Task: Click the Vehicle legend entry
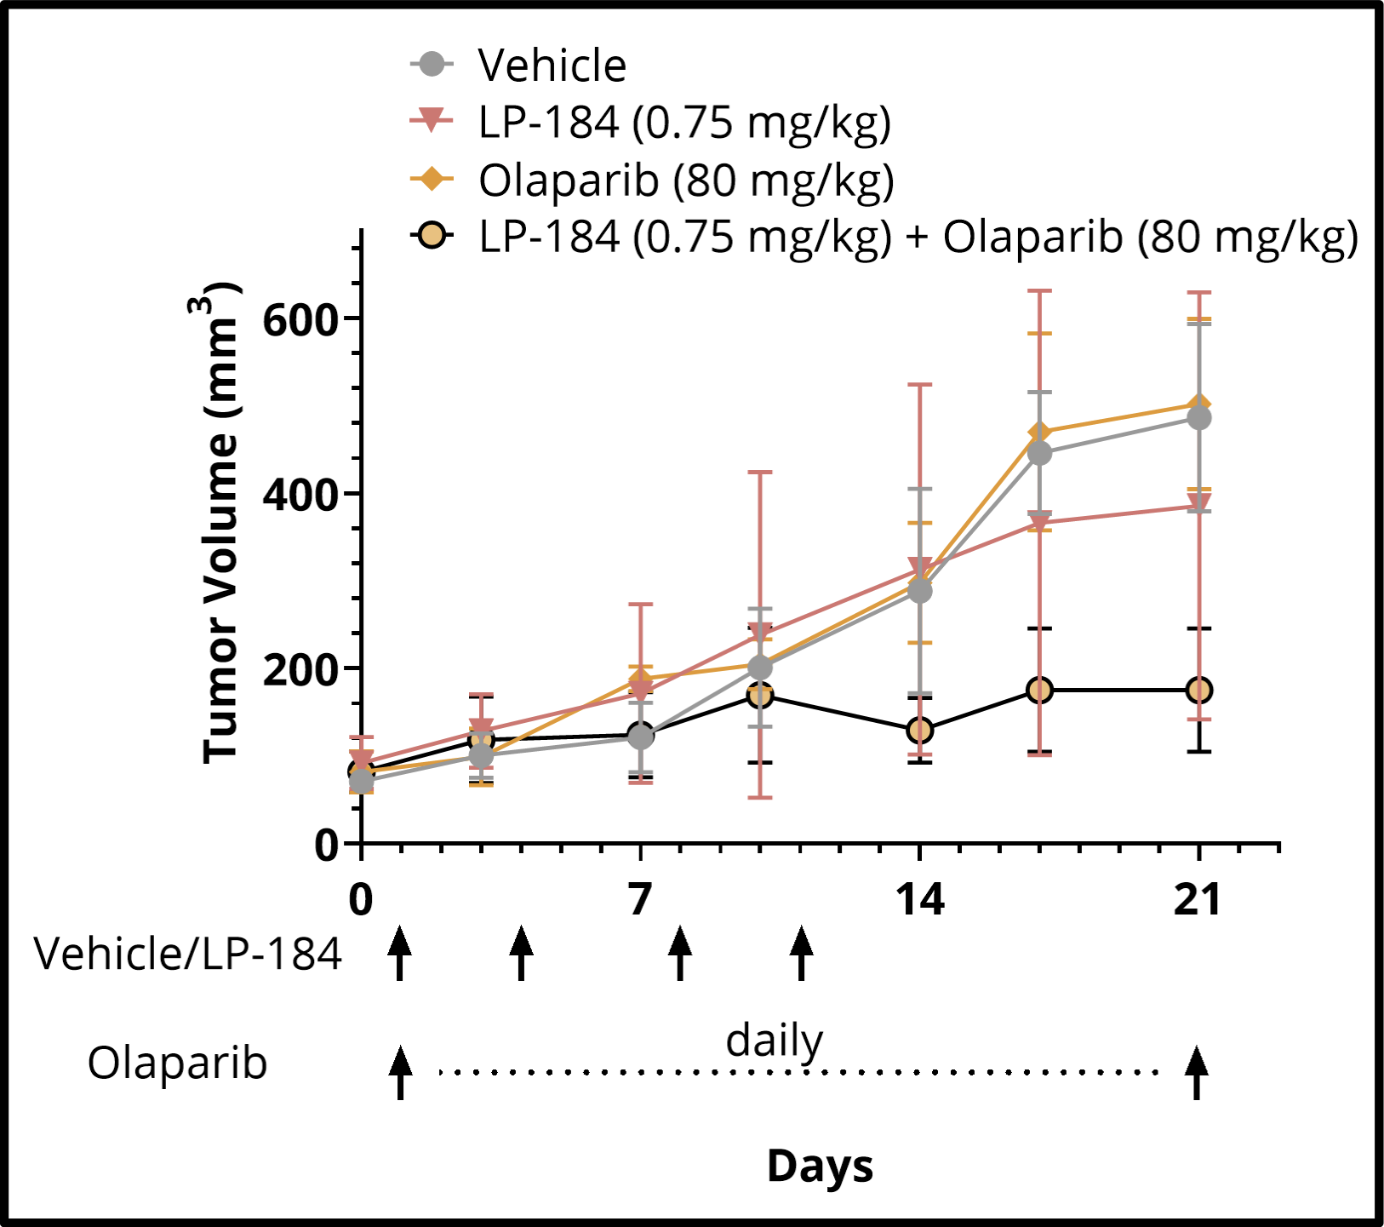[551, 66]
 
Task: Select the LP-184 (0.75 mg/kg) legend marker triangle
[432, 120]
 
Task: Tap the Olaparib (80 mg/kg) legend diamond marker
[432, 179]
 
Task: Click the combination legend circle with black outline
[432, 235]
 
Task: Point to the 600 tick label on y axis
[300, 321]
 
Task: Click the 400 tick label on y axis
[300, 496]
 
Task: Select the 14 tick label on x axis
[919, 899]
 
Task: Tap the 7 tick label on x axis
[639, 899]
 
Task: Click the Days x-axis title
[820, 1166]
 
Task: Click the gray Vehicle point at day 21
[1198, 418]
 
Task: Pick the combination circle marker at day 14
[919, 730]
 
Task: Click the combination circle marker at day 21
[1198, 690]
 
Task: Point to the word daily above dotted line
[774, 1041]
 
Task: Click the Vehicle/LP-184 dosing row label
[188, 955]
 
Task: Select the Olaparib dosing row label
[177, 1064]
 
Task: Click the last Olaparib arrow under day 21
[1197, 1072]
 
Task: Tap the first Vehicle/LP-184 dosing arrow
[399, 954]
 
